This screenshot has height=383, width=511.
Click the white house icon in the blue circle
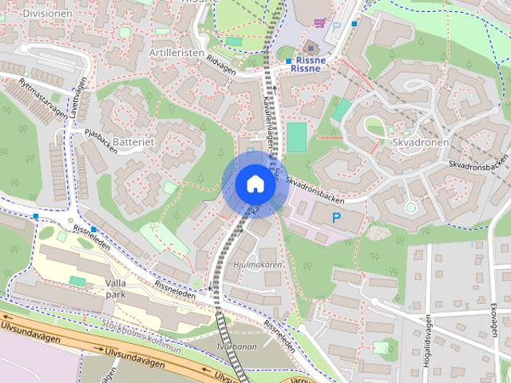[255, 184]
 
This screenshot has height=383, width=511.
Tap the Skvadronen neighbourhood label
[421, 142]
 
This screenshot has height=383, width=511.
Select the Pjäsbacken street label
[101, 136]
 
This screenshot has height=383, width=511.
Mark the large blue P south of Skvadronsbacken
[336, 217]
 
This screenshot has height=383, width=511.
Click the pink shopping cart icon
[319, 24]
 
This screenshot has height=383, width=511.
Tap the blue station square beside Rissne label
[289, 61]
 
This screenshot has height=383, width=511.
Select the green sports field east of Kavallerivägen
[296, 136]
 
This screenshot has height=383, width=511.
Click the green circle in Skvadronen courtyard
[410, 207]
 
